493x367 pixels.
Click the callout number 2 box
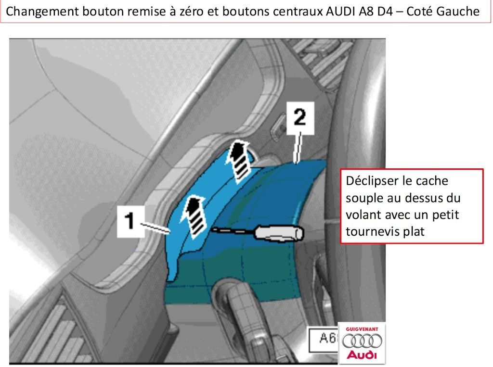(300, 118)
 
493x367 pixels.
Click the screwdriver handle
(279, 233)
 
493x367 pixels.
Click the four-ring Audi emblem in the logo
(362, 341)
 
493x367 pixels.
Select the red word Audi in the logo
(362, 355)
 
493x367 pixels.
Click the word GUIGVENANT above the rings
(362, 329)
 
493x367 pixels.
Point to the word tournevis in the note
(373, 231)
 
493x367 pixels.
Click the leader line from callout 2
(298, 148)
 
